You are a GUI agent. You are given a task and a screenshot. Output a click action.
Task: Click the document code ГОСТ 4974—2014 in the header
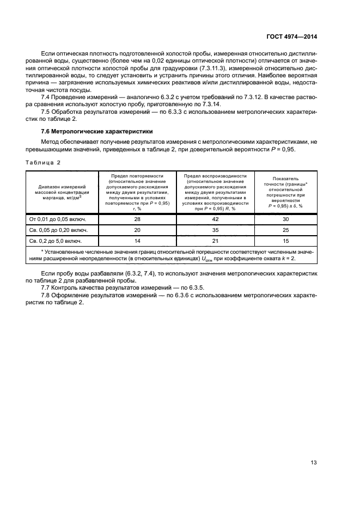292,36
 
